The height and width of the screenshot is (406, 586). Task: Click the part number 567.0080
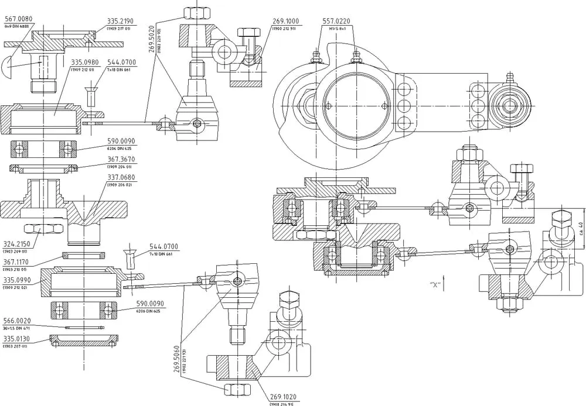pyautogui.click(x=18, y=19)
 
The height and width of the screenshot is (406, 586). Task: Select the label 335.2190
pyautogui.click(x=121, y=21)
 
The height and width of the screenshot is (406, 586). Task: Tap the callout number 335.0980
pyautogui.click(x=85, y=62)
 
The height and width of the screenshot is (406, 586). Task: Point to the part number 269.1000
pyautogui.click(x=285, y=21)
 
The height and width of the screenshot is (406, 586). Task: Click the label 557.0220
pyautogui.click(x=336, y=21)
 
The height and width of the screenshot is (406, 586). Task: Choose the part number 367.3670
pyautogui.click(x=121, y=159)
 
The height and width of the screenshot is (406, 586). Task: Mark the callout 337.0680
pyautogui.click(x=121, y=178)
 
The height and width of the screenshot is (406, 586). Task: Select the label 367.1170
pyautogui.click(x=17, y=262)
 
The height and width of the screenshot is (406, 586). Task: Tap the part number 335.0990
pyautogui.click(x=17, y=281)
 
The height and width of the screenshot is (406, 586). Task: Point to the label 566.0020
pyautogui.click(x=17, y=321)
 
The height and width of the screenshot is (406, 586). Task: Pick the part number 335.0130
pyautogui.click(x=17, y=339)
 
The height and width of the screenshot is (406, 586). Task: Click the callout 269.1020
pyautogui.click(x=283, y=397)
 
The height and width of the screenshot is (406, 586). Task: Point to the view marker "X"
pyautogui.click(x=435, y=284)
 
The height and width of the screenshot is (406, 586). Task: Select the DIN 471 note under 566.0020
pyautogui.click(x=17, y=328)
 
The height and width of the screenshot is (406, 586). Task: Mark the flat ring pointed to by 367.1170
pyautogui.click(x=84, y=255)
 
